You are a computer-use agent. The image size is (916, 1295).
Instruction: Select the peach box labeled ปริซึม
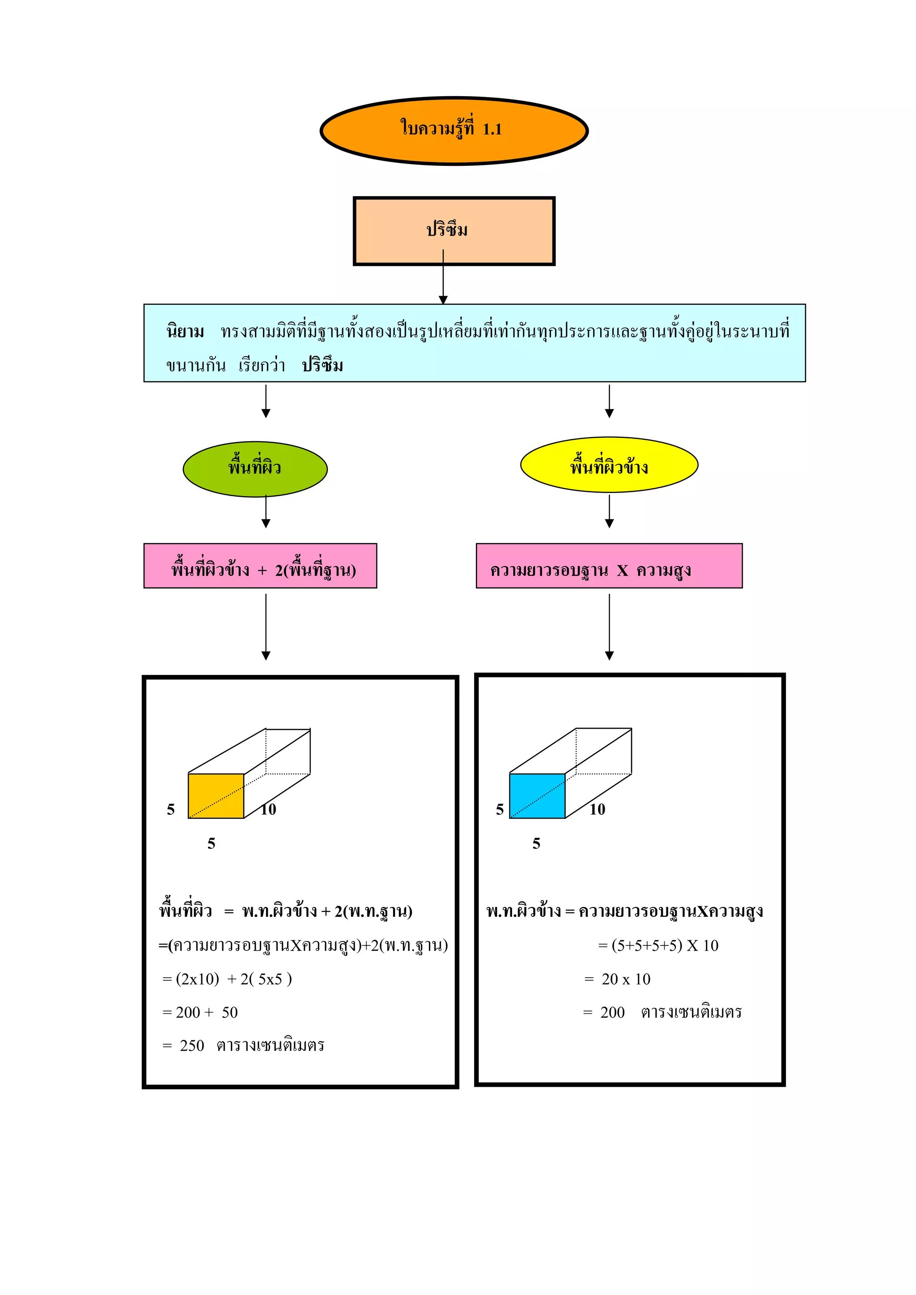(x=454, y=231)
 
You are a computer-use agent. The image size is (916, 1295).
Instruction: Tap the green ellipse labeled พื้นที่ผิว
(x=255, y=469)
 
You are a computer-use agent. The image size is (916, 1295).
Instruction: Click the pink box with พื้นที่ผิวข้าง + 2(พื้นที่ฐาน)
(x=260, y=566)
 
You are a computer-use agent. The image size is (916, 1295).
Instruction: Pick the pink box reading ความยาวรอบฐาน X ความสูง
(x=609, y=566)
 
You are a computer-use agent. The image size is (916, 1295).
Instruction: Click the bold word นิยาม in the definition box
(x=185, y=331)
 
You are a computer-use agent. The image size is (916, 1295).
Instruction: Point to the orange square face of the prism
(x=216, y=796)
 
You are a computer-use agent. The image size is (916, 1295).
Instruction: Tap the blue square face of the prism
(x=537, y=796)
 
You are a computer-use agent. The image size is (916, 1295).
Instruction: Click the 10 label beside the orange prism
(x=269, y=810)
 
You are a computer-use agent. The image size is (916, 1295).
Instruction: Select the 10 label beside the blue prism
(x=597, y=810)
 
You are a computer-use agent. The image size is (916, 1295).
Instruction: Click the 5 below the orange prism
(x=211, y=843)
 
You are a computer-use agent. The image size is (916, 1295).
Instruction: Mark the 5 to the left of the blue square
(x=500, y=810)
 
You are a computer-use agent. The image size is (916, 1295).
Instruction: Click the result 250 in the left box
(x=192, y=1045)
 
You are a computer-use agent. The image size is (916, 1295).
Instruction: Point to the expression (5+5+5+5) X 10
(x=664, y=945)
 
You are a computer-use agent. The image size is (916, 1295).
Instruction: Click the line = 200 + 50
(x=200, y=1012)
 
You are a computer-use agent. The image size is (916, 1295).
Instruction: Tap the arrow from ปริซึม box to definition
(x=443, y=279)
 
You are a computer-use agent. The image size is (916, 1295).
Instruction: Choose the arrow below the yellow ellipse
(x=609, y=512)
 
